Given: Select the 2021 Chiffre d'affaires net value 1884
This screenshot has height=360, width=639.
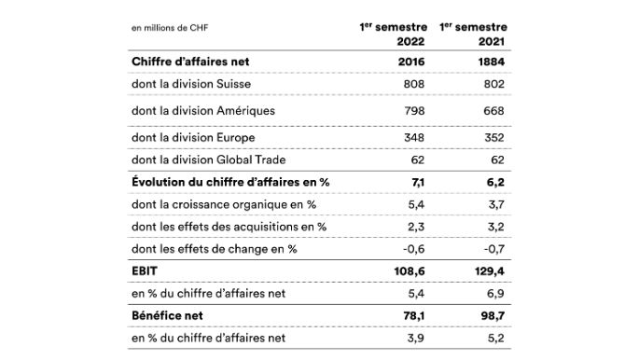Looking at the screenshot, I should [489, 62].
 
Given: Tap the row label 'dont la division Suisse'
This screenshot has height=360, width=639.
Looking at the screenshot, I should [192, 85].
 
